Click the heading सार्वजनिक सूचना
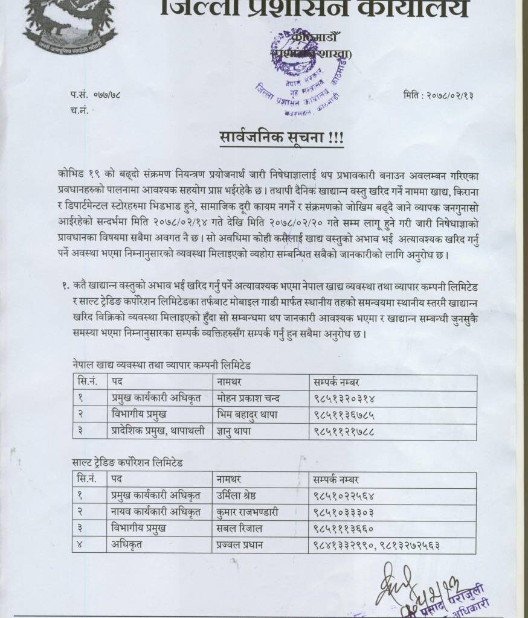point(281,138)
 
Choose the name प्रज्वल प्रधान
point(241,545)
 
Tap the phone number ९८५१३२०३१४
point(344,398)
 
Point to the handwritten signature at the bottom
point(411,588)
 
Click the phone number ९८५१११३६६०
point(344,528)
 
